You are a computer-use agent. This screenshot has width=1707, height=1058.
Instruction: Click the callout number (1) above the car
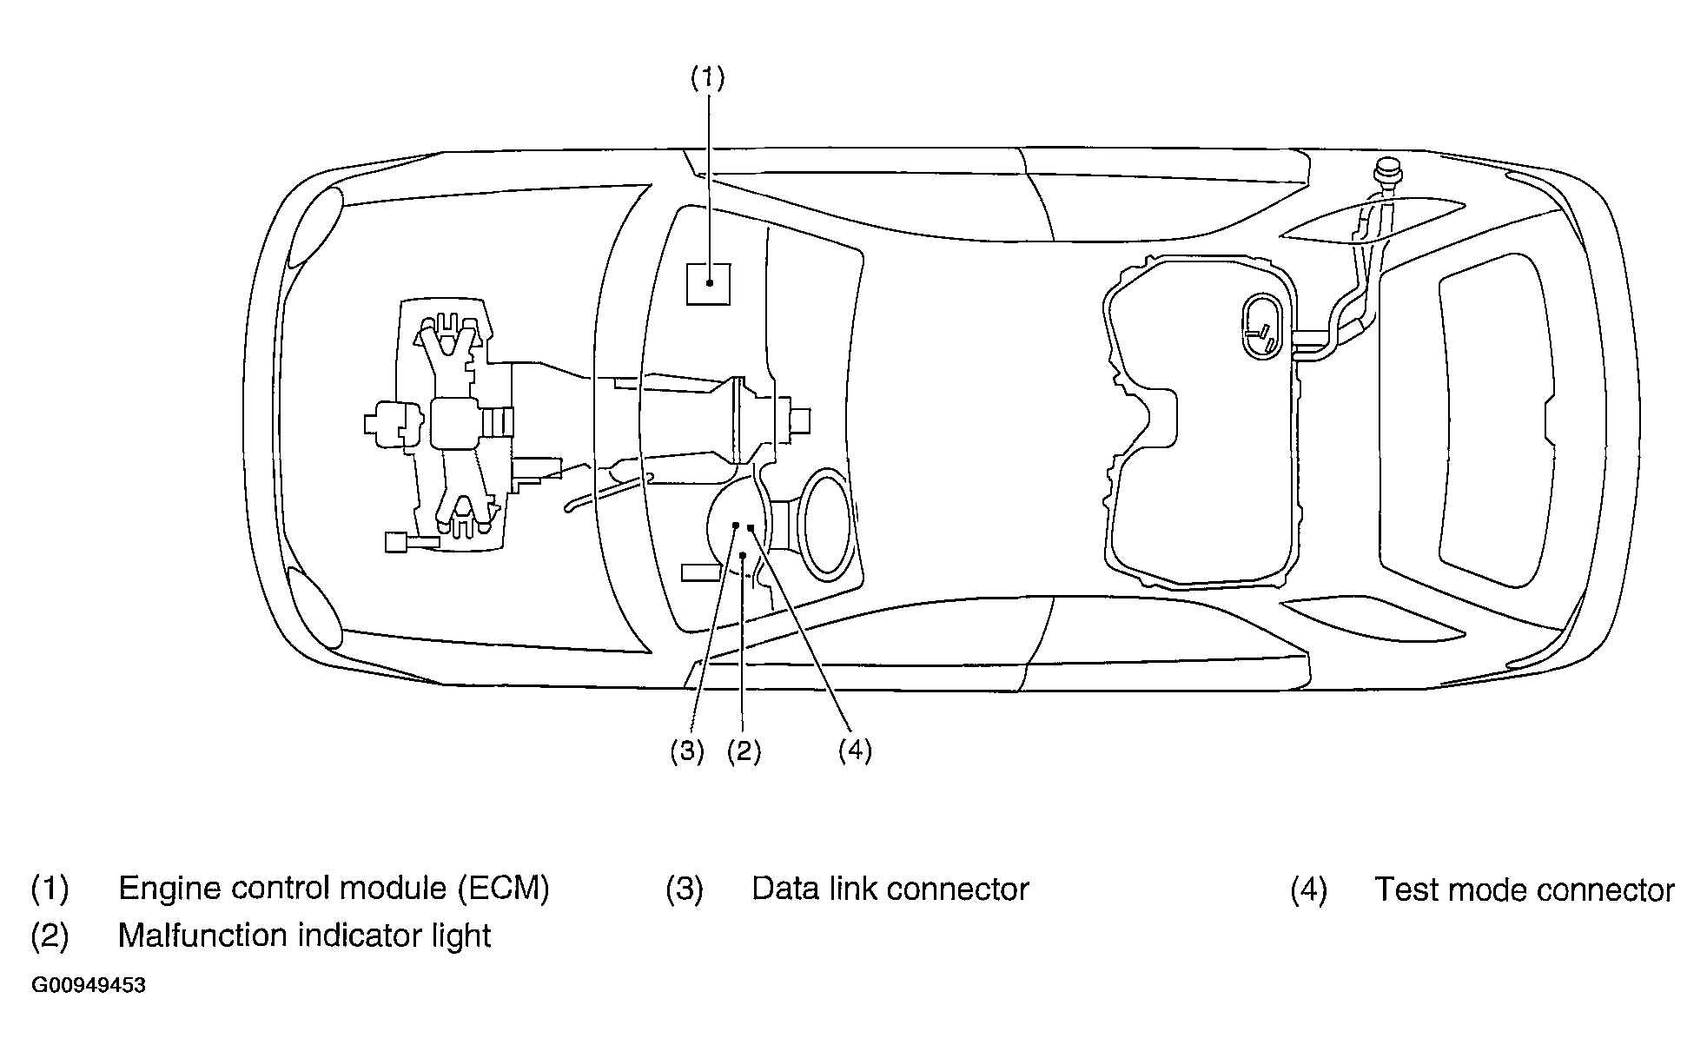(707, 78)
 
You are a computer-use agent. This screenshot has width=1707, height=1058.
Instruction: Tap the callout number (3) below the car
(686, 751)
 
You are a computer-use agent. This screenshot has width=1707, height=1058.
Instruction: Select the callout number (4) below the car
(855, 751)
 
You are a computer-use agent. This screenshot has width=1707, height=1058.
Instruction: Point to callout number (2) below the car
(744, 751)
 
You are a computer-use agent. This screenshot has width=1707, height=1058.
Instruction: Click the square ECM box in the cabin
(708, 283)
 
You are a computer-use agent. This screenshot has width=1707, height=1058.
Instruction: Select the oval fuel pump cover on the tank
(1262, 326)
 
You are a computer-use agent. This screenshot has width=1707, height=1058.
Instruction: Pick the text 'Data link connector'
(890, 889)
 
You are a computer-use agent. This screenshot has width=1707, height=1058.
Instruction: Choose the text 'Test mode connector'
(1525, 889)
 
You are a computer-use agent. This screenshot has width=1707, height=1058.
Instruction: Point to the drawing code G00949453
(89, 986)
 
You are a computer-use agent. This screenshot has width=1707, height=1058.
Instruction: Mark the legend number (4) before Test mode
(1308, 889)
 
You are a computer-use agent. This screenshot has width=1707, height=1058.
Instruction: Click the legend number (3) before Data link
(685, 889)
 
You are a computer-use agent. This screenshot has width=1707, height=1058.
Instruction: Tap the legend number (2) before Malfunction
(50, 936)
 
